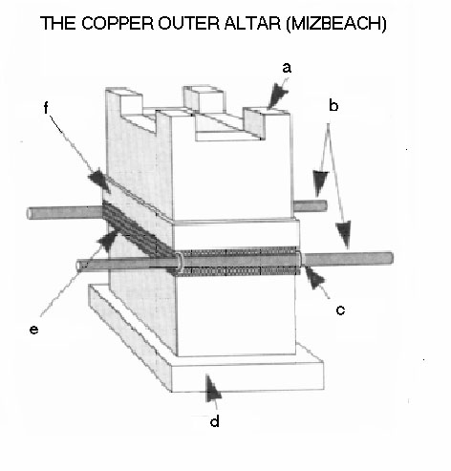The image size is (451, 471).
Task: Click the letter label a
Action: [x=287, y=68]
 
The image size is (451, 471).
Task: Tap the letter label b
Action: [x=333, y=106]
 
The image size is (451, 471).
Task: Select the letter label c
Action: [x=340, y=310]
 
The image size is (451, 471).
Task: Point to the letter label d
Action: [x=215, y=421]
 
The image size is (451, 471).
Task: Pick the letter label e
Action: [x=33, y=330]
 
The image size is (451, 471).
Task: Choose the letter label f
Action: [x=46, y=108]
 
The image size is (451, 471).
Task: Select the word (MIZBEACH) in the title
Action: [x=335, y=24]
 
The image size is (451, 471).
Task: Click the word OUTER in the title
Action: [x=189, y=23]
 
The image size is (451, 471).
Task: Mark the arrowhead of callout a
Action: [x=278, y=95]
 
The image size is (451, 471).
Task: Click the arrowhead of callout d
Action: [x=212, y=388]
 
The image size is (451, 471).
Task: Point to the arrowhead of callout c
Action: [x=314, y=278]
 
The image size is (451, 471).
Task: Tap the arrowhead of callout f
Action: [x=99, y=181]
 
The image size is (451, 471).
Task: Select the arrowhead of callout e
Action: [x=108, y=240]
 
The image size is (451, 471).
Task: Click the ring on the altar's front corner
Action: [x=180, y=263]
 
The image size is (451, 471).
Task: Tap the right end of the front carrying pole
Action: [x=392, y=258]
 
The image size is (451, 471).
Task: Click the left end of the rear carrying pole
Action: [x=30, y=213]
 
